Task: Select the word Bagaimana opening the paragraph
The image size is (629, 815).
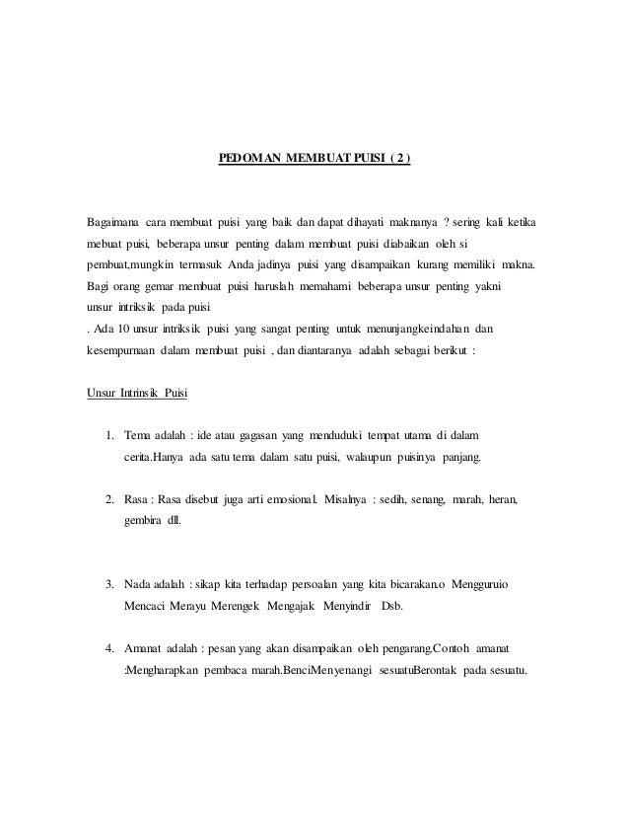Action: pyautogui.click(x=114, y=218)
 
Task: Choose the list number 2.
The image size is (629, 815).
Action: pyautogui.click(x=109, y=500)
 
